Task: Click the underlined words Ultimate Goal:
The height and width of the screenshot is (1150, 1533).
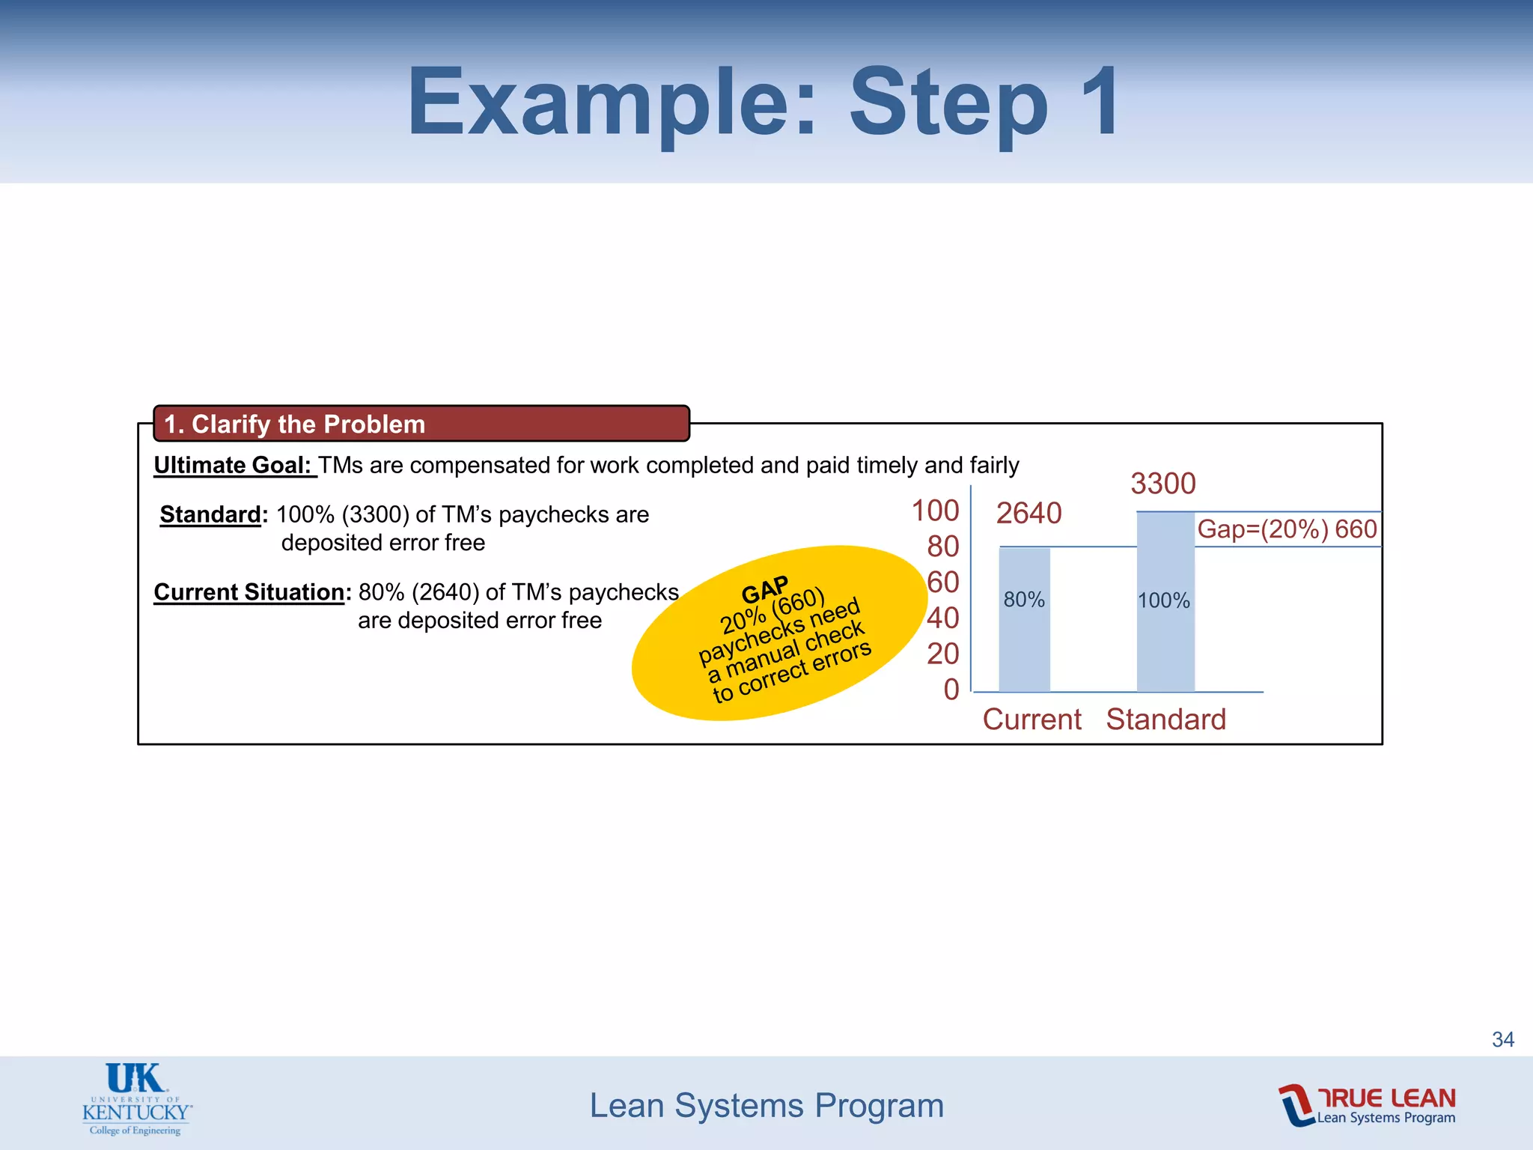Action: click(234, 465)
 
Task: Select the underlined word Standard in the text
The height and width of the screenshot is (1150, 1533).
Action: click(210, 514)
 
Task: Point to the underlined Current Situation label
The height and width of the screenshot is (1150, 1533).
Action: click(249, 592)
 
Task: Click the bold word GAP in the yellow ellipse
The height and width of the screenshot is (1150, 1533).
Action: click(764, 590)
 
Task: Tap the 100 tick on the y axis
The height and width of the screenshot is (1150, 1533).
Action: click(935, 511)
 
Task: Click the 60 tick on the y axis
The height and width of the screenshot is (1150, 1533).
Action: click(942, 582)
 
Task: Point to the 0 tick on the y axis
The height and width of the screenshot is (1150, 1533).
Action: click(951, 690)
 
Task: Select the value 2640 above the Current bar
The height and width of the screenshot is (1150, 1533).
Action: click(1028, 514)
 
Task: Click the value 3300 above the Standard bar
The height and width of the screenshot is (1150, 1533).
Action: click(1162, 484)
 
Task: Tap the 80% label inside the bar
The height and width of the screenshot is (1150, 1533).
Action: click(1023, 600)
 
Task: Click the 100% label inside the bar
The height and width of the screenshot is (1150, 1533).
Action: click(1163, 600)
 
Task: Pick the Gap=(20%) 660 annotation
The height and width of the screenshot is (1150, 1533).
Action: click(1287, 529)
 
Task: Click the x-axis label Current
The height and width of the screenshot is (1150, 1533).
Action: click(1031, 719)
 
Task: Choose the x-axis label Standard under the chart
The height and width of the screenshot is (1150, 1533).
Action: click(1165, 719)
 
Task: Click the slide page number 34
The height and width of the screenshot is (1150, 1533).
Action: click(1502, 1039)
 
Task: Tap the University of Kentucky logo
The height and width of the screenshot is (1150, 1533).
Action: click(137, 1099)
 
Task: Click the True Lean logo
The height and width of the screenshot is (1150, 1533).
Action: click(1367, 1105)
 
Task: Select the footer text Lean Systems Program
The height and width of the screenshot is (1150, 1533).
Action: click(766, 1106)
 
